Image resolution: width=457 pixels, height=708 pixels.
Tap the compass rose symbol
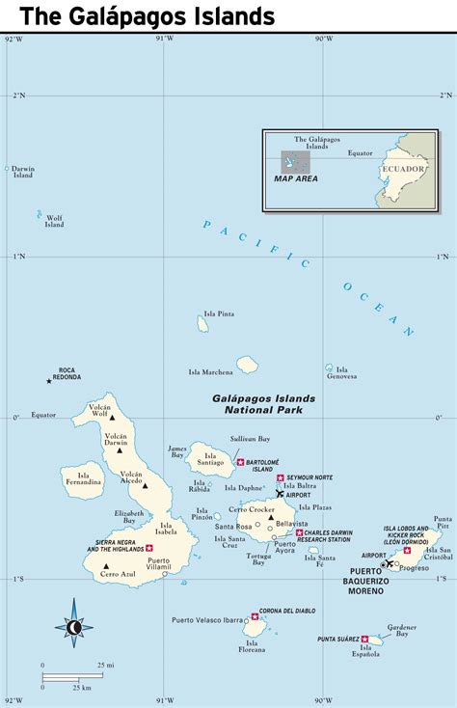[x=74, y=627]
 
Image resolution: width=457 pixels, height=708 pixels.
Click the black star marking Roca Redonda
[x=48, y=381]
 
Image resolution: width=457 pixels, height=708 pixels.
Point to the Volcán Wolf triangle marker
[x=112, y=419]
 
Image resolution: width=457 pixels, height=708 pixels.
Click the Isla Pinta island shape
[x=203, y=325]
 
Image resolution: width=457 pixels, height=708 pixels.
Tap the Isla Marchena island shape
[x=248, y=365]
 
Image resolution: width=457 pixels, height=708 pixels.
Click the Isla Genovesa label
[x=341, y=372]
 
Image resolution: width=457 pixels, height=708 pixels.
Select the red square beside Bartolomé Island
[x=240, y=462]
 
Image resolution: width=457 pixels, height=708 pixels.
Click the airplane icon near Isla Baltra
[x=281, y=494]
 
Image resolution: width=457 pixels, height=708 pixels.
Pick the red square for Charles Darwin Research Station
[x=299, y=532]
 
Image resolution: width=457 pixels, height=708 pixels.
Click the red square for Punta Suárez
[x=364, y=639]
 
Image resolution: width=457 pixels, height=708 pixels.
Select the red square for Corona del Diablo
[x=255, y=613]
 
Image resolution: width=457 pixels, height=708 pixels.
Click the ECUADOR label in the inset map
[x=402, y=169]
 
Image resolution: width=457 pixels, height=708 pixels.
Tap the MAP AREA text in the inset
[x=295, y=178]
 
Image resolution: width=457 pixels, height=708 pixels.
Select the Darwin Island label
[x=23, y=172]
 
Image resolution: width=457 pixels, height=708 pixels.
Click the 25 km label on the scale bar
[x=82, y=688]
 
